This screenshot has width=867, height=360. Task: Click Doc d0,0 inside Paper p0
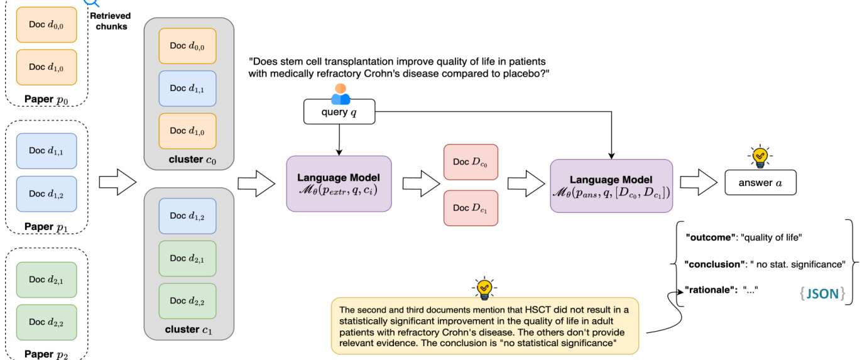46,25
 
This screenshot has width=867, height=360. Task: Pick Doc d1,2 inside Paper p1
46,194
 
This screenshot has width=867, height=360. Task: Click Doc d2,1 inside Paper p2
46,280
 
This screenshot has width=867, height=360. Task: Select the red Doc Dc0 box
470,163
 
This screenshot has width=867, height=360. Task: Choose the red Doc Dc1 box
470,208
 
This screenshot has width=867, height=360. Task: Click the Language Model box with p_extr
339,183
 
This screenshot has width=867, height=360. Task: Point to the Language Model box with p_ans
611,185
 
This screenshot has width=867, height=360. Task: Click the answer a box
760,182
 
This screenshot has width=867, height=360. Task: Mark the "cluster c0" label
189,159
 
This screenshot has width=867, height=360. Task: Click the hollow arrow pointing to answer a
697,183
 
